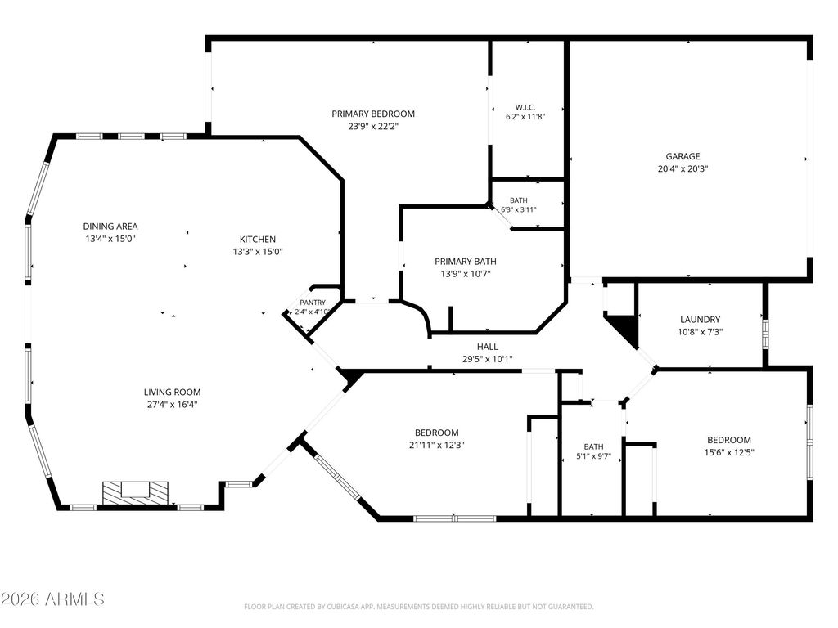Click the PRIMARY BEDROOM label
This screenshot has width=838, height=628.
tap(373, 114)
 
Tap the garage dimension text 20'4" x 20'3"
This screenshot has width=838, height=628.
tap(683, 168)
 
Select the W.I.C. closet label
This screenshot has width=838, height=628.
tap(525, 107)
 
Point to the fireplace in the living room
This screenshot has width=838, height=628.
tap(135, 491)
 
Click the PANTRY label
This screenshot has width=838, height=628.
tap(313, 303)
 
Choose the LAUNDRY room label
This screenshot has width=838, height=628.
tap(701, 320)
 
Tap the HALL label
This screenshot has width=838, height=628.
tap(488, 347)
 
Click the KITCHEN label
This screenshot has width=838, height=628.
tap(258, 240)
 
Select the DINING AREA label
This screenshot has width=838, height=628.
tap(110, 227)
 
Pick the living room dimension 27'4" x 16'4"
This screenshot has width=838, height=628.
tap(172, 405)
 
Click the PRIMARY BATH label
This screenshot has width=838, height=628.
tap(466, 261)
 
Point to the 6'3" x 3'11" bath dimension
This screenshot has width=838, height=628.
tap(518, 209)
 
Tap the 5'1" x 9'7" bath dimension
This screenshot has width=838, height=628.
tap(593, 457)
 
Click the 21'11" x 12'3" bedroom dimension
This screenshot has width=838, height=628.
tap(437, 446)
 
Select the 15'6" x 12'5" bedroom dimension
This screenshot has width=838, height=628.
tap(729, 453)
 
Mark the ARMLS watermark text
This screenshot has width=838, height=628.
tap(52, 599)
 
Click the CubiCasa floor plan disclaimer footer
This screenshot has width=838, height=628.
tap(418, 607)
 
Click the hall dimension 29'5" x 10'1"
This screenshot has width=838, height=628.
tap(488, 360)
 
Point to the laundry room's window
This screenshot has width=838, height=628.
tap(765, 334)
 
